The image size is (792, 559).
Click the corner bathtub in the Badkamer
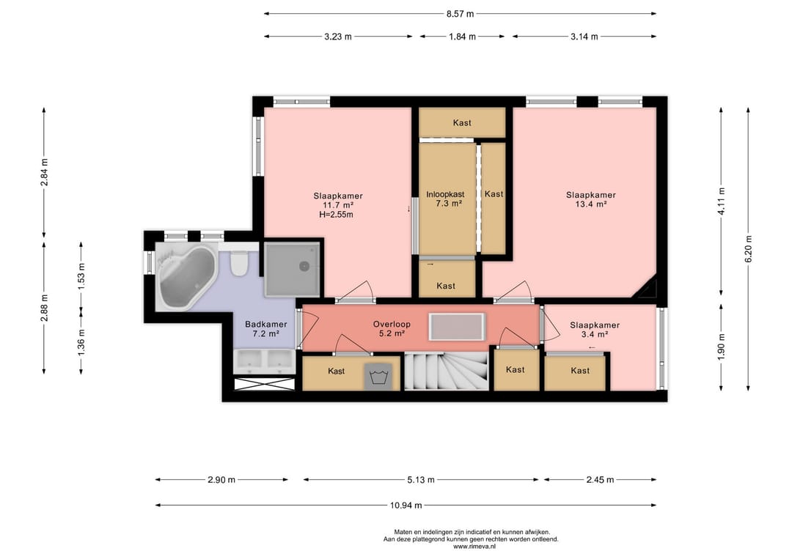click(186, 276)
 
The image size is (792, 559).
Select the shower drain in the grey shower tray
click(304, 267)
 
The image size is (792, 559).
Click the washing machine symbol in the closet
click(378, 377)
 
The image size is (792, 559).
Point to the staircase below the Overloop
click(446, 371)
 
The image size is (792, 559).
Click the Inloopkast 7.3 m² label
click(445, 199)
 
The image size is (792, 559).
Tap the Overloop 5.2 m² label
click(392, 329)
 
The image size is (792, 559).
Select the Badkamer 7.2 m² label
click(265, 329)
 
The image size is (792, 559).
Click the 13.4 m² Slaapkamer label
click(590, 199)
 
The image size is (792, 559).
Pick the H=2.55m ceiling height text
click(336, 215)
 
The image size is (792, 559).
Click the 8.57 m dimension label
click(460, 14)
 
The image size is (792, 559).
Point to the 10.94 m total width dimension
click(406, 505)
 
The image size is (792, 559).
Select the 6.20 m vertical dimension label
click(748, 248)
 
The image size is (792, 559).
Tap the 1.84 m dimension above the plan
click(462, 37)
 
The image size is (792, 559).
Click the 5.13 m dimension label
click(421, 480)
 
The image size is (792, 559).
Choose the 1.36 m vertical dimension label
click(81, 341)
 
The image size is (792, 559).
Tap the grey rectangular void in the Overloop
click(457, 327)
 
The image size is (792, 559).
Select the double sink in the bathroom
click(264, 361)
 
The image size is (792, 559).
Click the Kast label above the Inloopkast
click(462, 122)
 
